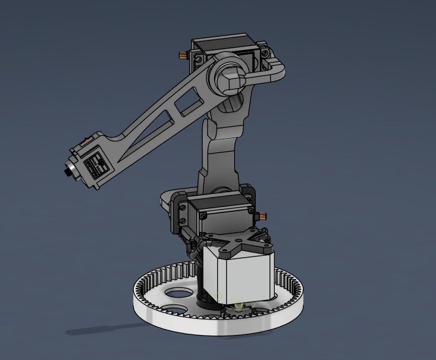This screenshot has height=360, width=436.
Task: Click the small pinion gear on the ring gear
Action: (239, 309)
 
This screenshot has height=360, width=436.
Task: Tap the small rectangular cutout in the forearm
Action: (190, 102)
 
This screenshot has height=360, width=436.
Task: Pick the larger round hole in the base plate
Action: (179, 293)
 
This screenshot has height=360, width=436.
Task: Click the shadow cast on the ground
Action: (101, 328)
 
